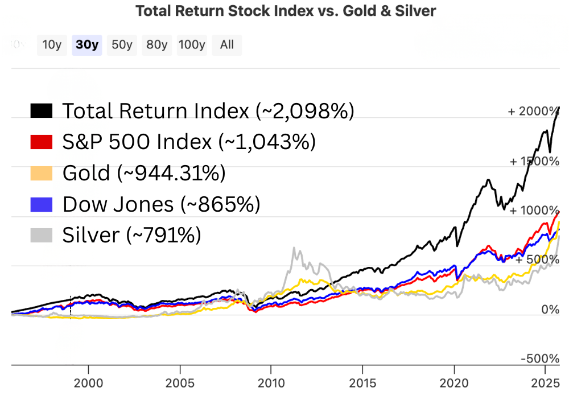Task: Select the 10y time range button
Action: coord(52,45)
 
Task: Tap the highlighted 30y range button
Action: coord(87,45)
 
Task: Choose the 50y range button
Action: coord(122,45)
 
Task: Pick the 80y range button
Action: coord(156,45)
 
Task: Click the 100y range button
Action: coord(192,45)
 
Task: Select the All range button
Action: coord(226,45)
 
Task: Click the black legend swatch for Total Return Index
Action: coord(41,111)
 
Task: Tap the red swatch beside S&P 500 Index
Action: coord(41,142)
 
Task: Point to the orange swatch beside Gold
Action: coord(41,172)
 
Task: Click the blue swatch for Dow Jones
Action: coord(41,204)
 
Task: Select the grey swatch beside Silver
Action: coord(41,234)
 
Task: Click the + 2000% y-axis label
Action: coord(533,112)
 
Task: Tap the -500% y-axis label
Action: coord(540,359)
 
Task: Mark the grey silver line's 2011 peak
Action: coord(294,248)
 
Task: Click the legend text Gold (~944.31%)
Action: coord(143,172)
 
